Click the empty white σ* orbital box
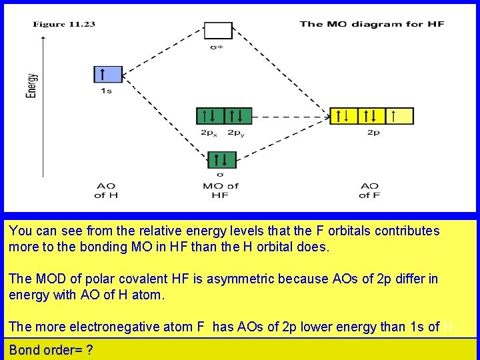[218, 31]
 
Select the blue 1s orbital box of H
[108, 74]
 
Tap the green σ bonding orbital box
[222, 160]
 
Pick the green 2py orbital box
[237, 115]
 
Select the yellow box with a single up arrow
[399, 116]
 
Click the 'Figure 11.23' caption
[64, 25]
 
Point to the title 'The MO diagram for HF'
[371, 25]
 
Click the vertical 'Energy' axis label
[31, 85]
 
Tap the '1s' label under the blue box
[106, 91]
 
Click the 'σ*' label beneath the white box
[217, 47]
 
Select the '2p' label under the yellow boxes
[373, 133]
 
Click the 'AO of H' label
[106, 190]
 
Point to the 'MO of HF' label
[220, 190]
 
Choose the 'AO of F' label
[369, 190]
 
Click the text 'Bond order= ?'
[51, 350]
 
